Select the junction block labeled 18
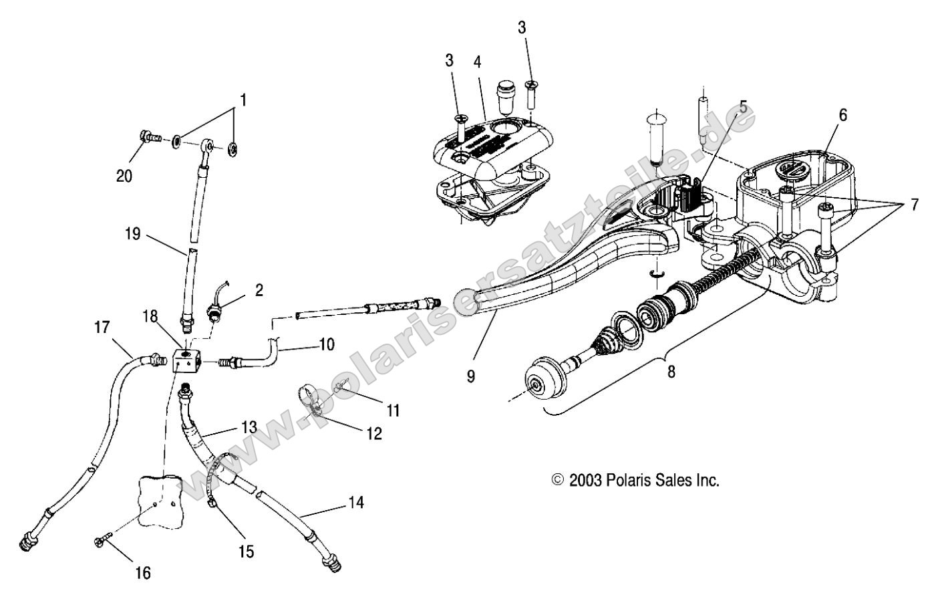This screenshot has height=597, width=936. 186,361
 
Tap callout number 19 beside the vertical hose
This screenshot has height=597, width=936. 134,234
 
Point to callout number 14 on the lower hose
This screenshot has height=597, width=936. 356,502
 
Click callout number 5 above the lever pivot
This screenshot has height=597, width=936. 743,106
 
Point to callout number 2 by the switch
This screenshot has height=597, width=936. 259,290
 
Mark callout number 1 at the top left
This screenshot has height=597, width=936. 243,100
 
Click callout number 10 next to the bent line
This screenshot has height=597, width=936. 326,345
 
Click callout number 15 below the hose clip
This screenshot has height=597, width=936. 246,551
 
